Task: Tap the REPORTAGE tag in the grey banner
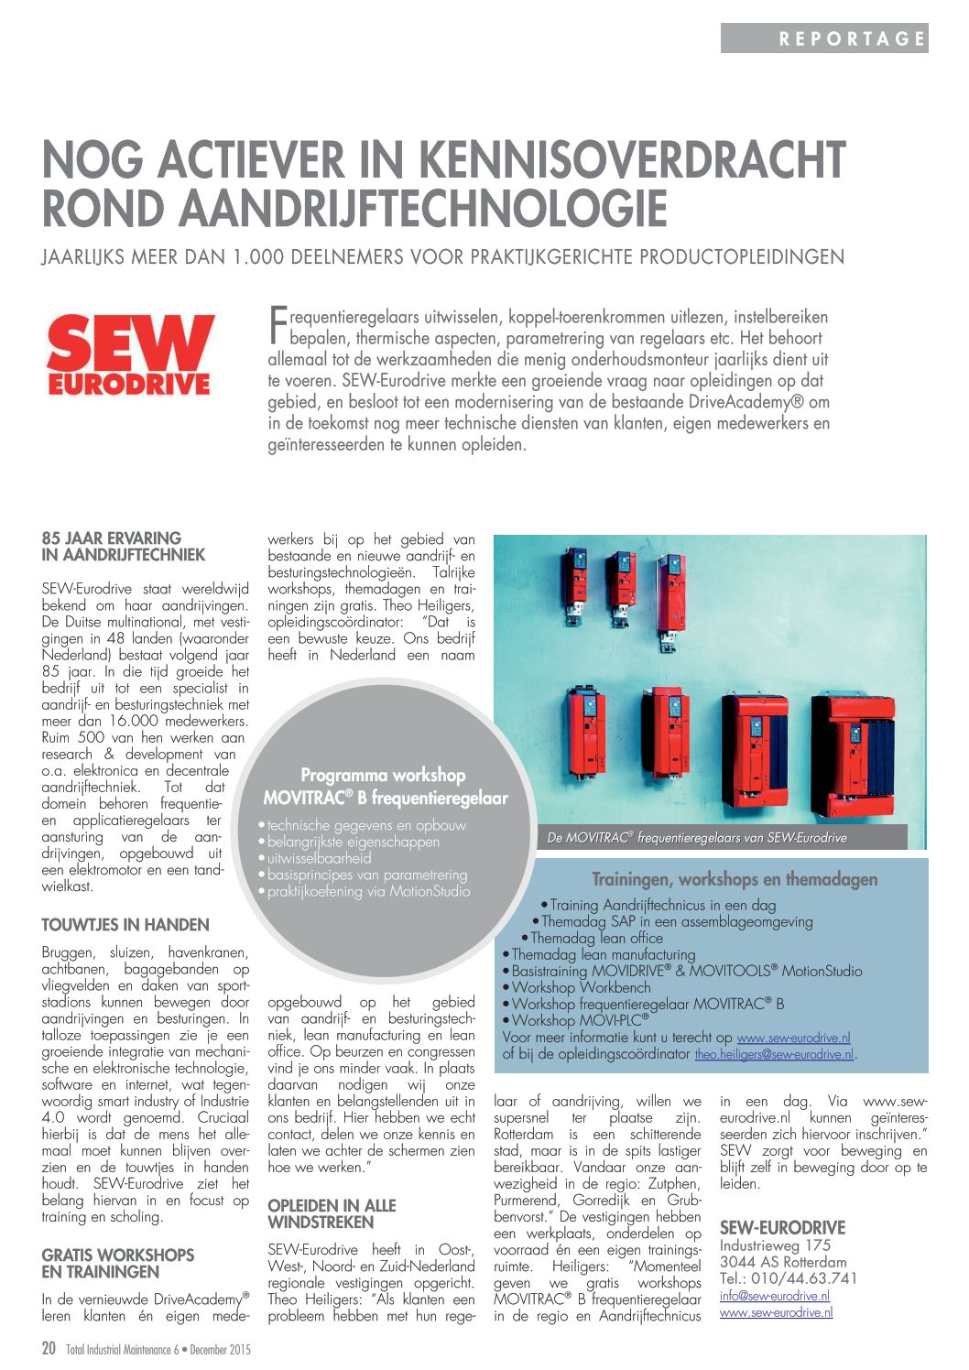click(852, 38)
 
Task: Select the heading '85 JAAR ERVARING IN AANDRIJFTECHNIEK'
click(124, 547)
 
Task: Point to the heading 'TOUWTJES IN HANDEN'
click(125, 925)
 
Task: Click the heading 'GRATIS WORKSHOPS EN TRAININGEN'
click(118, 1264)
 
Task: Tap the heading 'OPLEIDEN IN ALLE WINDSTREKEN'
click(332, 1214)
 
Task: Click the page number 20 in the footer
click(49, 1349)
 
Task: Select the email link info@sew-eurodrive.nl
click(775, 1296)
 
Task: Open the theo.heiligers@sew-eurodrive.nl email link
click(774, 1055)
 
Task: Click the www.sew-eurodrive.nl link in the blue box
click(793, 1038)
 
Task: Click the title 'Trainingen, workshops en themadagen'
click(735, 880)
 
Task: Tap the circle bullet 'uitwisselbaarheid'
click(319, 859)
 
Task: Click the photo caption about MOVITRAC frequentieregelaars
click(697, 838)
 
